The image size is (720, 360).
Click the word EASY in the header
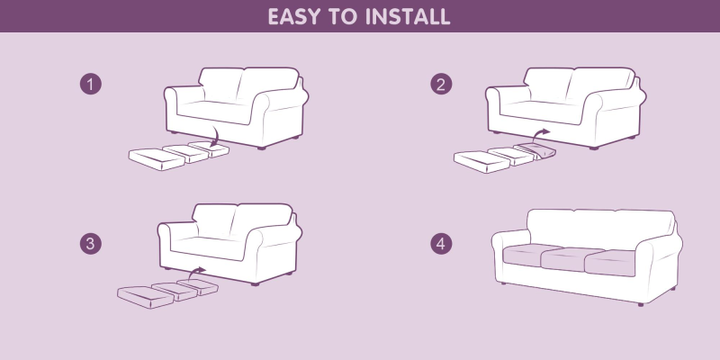coord(292,16)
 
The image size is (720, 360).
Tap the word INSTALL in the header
coord(408,16)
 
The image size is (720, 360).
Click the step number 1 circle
coord(91,85)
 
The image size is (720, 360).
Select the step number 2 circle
coord(441,85)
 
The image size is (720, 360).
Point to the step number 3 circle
coord(91,244)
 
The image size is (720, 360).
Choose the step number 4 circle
coord(441,244)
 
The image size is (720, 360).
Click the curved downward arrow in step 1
coord(216,138)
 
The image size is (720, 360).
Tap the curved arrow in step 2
coord(538,134)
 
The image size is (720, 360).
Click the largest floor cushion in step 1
coord(157,159)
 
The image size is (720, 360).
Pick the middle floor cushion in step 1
coord(186,153)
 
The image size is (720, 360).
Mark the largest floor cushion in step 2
coord(481,162)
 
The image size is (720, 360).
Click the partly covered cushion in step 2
coord(535,151)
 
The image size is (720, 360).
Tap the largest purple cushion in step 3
coord(146,297)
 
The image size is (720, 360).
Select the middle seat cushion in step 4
coord(571,258)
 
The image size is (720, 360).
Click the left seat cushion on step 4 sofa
coord(532,254)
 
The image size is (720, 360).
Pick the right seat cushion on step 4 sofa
coord(611,263)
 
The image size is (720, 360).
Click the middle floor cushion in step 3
coord(175,291)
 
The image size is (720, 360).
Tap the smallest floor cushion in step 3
coord(198,286)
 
